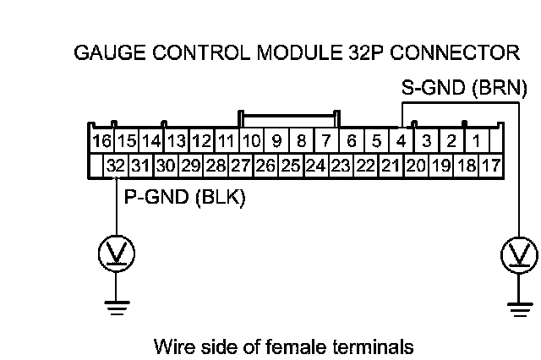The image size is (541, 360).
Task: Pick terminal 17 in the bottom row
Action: pos(490,166)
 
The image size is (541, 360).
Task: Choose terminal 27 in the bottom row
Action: pos(241,166)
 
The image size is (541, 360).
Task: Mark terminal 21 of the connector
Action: pos(390,166)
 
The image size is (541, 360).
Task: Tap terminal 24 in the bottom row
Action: pos(315,166)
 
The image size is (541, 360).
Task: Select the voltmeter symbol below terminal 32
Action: pos(116,252)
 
